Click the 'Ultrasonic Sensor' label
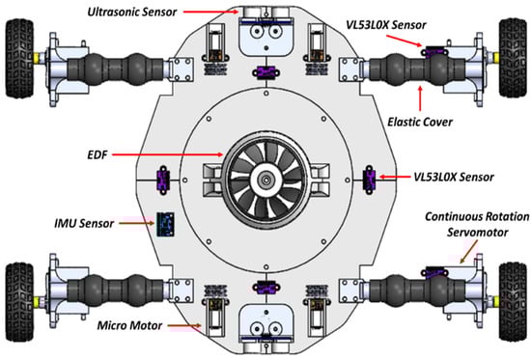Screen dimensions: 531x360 click(132, 13)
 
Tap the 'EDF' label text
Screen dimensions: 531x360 click(98, 155)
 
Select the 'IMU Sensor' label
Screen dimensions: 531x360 click(84, 224)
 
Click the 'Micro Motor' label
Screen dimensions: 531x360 click(129, 326)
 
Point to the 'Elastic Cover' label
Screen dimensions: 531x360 click(420, 122)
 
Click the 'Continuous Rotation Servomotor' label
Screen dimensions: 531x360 click(477, 225)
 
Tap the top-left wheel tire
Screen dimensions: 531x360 click(19, 58)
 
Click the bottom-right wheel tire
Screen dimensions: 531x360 click(513, 301)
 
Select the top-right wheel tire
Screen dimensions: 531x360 click(513, 58)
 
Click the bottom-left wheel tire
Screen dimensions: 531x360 click(19, 301)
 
